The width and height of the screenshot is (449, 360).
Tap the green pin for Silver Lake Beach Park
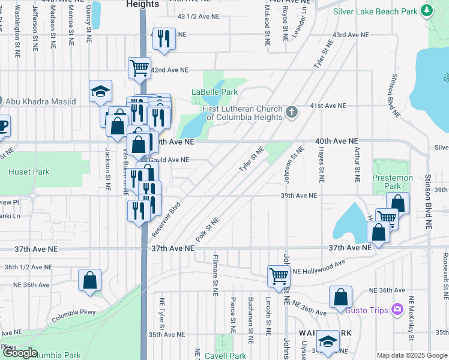pos(427,10)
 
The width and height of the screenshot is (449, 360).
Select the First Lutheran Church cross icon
pos(292,112)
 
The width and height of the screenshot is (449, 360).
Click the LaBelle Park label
pos(214,92)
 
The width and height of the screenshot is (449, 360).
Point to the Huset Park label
pos(29,172)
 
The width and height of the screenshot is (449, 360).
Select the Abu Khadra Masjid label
pos(43,101)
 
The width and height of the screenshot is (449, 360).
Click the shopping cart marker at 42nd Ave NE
pos(139,67)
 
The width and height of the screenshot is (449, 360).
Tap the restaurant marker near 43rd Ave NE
pos(163,38)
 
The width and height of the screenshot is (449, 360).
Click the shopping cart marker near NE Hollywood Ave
pos(279,276)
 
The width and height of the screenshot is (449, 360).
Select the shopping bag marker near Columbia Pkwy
pos(89,280)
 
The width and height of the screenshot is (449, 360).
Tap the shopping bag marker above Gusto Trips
pos(340,296)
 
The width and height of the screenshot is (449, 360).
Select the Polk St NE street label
pos(208,229)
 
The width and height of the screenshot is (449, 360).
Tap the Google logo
pos(20,353)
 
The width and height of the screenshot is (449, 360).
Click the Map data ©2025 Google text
pos(412,355)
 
